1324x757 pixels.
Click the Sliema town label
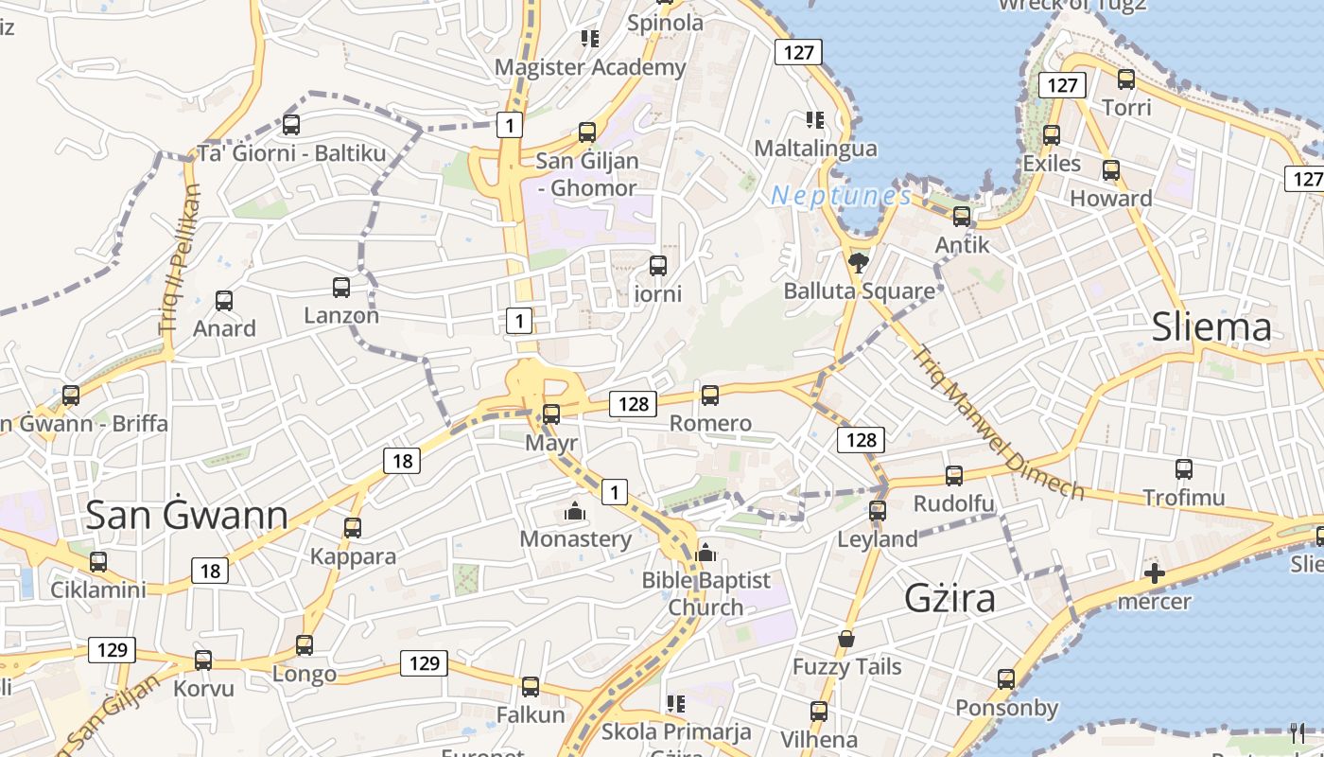1211,327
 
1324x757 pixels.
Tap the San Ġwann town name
186,515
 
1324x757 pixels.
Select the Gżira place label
949,598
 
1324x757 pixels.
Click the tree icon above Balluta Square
859,262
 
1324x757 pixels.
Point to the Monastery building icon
574,512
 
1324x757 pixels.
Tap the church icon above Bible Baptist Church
706,553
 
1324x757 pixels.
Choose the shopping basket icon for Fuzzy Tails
846,639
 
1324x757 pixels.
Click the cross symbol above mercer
1154,572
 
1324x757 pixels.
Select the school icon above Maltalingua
814,120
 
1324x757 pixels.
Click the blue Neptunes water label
841,196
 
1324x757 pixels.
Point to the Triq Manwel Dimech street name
998,422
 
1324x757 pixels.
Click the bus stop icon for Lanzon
341,288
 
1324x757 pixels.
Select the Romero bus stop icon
710,395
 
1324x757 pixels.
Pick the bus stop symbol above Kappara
353,527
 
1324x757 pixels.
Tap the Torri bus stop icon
1126,79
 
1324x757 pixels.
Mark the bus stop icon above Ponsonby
1006,678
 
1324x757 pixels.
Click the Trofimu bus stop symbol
1184,468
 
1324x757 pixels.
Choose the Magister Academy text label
590,67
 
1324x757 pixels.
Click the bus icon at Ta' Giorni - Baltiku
291,124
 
